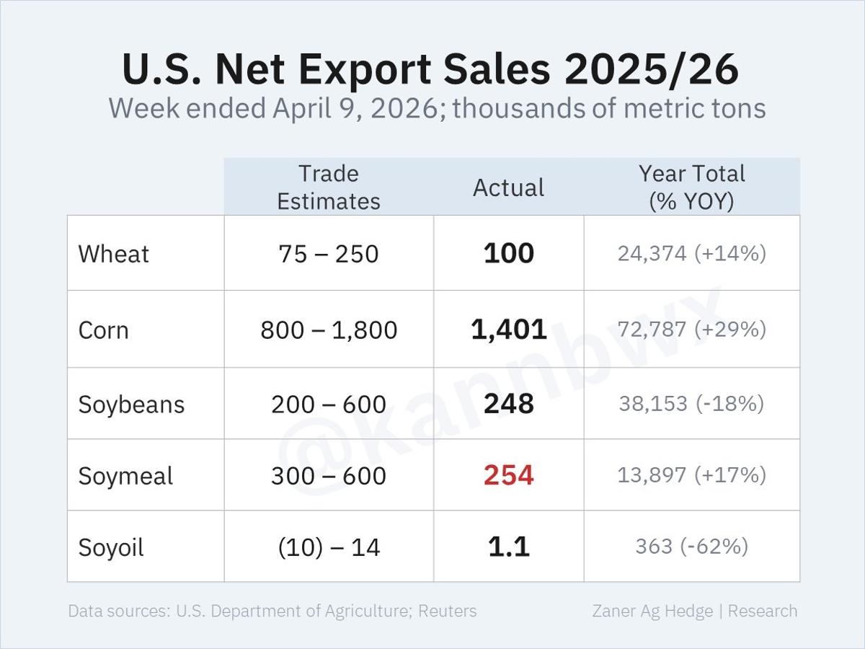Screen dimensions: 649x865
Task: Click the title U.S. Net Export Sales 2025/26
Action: [430, 69]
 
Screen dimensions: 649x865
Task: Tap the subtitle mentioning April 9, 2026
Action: [437, 109]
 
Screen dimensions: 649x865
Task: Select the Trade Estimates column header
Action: [329, 187]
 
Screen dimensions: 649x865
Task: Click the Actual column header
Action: [508, 187]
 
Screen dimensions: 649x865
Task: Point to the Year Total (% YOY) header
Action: [691, 187]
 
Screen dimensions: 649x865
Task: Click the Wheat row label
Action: [114, 254]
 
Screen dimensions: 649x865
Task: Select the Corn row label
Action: [104, 330]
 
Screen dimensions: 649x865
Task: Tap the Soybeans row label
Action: [131, 404]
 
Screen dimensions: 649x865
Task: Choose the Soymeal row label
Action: [125, 476]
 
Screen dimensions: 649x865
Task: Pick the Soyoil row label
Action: [111, 547]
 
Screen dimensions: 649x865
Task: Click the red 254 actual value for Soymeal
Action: [508, 475]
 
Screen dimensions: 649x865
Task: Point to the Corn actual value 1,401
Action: [508, 330]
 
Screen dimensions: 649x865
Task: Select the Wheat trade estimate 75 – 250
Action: [329, 254]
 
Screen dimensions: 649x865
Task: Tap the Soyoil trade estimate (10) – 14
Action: [329, 547]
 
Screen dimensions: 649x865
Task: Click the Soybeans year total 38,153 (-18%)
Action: [691, 403]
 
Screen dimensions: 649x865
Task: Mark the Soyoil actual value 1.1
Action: [508, 547]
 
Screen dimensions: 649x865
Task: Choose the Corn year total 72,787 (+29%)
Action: [691, 330]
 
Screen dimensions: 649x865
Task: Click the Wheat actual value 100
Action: [508, 253]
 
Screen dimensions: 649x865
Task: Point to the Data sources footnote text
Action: [272, 611]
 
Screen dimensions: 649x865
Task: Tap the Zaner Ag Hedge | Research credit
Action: [694, 611]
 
